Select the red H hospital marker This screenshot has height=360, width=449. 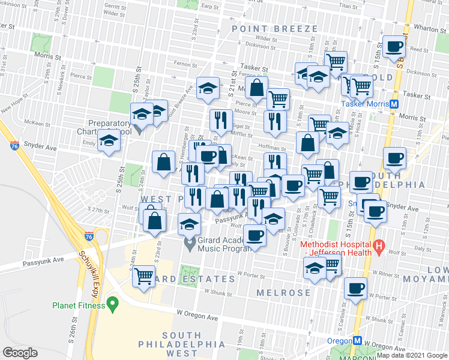[379, 245]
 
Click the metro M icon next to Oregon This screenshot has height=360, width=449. [357, 340]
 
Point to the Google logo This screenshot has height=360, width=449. [20, 352]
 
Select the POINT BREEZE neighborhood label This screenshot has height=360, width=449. [274, 29]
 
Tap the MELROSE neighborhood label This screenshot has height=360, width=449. [282, 293]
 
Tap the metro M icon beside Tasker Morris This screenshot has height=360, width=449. [394, 103]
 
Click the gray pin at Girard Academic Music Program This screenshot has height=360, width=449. [190, 245]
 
